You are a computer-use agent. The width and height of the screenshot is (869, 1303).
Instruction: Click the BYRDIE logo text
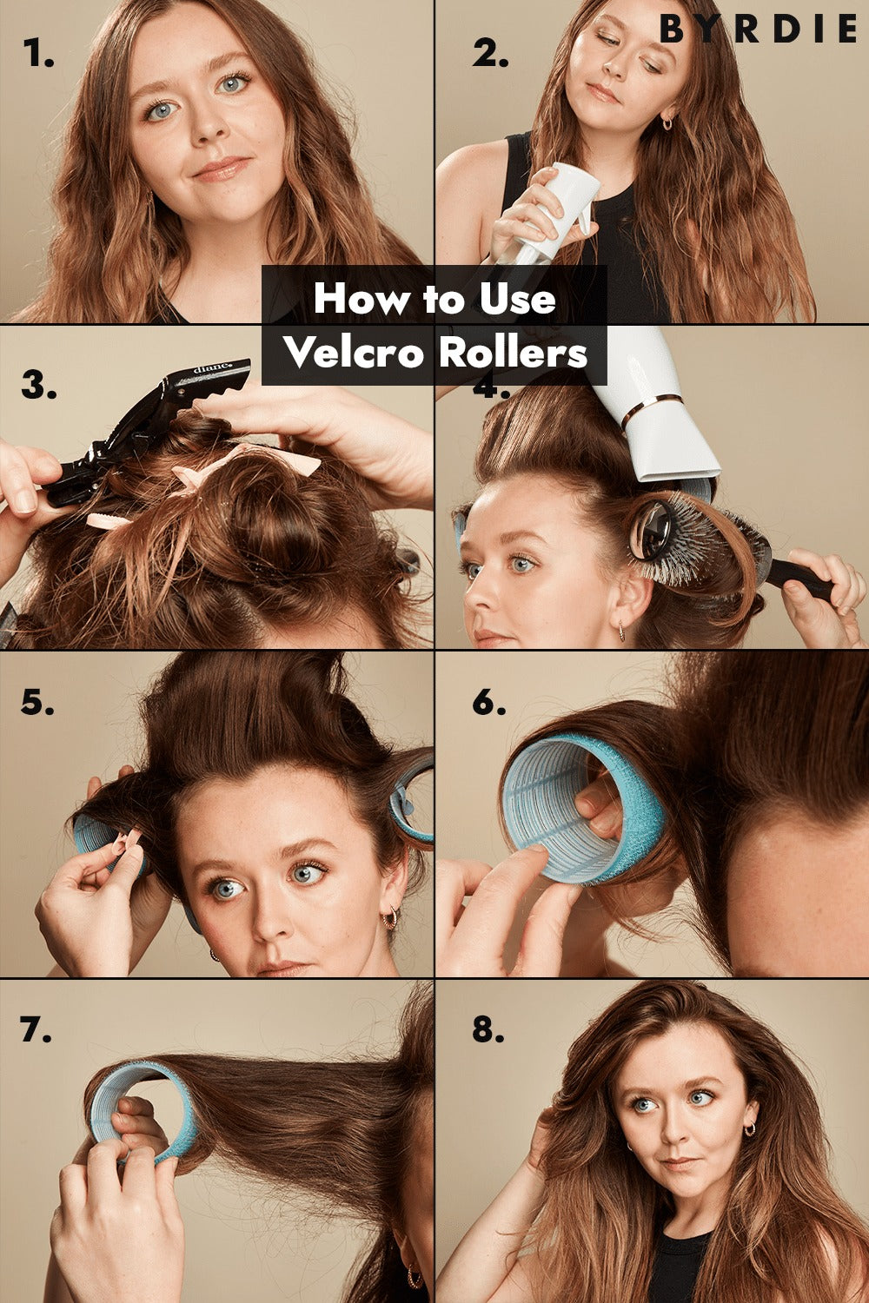(x=758, y=29)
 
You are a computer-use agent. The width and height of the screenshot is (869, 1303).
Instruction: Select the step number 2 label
(x=490, y=54)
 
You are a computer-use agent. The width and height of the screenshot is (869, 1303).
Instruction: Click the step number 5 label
(x=37, y=702)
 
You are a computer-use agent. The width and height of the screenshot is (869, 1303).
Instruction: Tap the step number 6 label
(x=489, y=702)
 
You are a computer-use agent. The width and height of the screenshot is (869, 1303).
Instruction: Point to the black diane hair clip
(x=145, y=431)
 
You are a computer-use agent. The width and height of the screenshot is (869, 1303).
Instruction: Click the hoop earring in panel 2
(x=667, y=122)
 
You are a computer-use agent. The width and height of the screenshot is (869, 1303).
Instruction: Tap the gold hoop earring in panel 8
(x=750, y=1129)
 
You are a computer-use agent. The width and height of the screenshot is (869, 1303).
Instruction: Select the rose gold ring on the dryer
(x=651, y=407)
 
